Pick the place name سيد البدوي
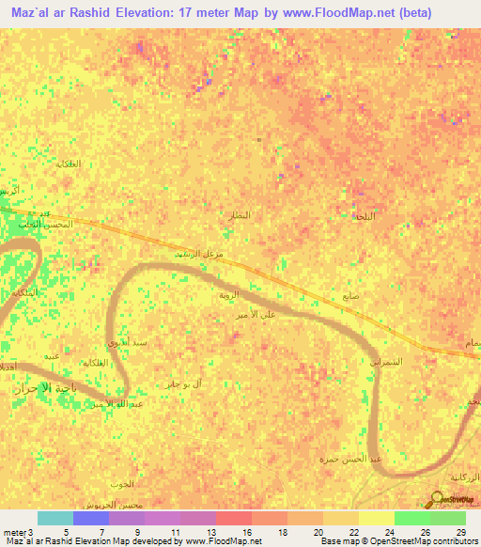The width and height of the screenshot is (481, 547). click(129, 343)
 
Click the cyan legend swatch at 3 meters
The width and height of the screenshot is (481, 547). click(54, 518)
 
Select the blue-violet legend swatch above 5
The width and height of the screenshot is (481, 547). click(90, 518)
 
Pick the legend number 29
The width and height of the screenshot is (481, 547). click(459, 532)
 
